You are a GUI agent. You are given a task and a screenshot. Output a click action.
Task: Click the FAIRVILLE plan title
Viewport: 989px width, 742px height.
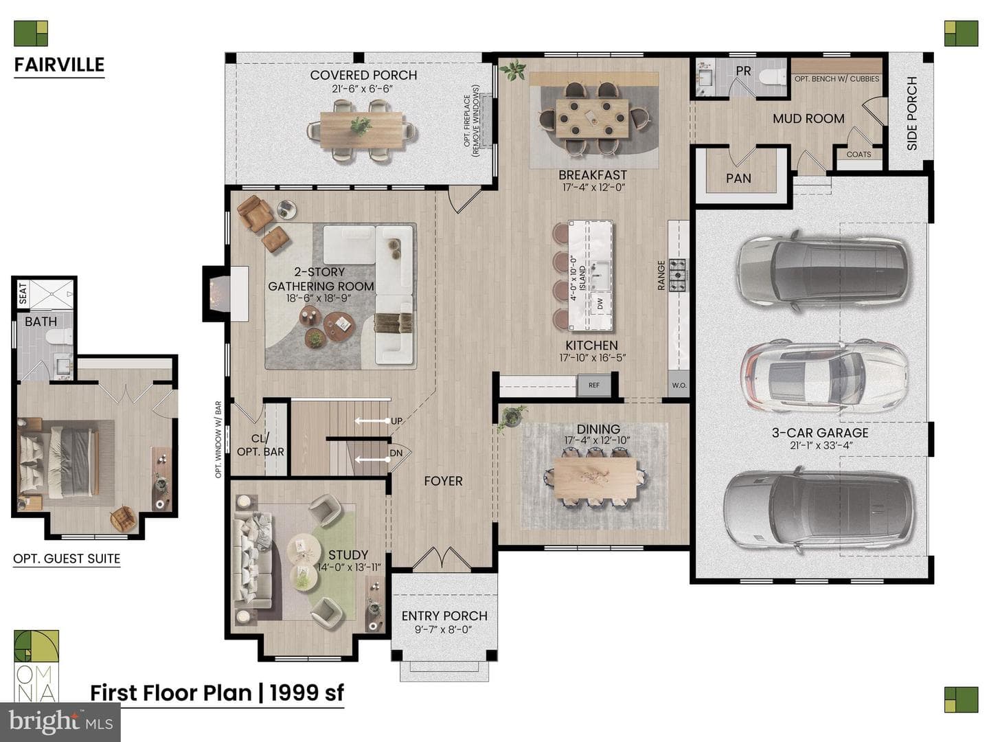point(59,65)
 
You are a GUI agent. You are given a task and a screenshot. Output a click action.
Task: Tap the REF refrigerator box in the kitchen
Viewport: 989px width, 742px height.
point(594,385)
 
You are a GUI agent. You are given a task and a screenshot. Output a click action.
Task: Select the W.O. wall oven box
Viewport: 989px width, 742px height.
point(679,385)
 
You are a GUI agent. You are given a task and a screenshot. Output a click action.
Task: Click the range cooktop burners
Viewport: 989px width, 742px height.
point(678,274)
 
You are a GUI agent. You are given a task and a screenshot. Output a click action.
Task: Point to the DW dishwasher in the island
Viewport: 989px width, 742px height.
point(600,305)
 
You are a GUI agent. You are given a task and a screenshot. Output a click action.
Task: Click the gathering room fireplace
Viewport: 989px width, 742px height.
point(218,293)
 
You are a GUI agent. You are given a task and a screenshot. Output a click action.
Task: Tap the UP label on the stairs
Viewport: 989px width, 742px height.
point(396,420)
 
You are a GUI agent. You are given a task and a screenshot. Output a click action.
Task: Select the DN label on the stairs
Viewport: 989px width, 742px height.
point(396,453)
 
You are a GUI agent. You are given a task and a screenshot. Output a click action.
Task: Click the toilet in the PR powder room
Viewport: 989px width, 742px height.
point(772,76)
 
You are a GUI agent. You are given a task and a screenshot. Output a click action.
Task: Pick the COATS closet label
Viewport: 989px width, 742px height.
point(859,155)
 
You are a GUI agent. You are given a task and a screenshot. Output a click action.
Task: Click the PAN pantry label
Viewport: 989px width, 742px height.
point(738,179)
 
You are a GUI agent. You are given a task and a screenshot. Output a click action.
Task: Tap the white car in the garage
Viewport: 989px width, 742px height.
point(823,376)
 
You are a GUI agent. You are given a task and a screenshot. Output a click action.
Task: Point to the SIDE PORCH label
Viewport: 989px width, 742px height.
point(911,113)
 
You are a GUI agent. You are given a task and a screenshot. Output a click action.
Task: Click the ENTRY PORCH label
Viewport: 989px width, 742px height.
point(444,616)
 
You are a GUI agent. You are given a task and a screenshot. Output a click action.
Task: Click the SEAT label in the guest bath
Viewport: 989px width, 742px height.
point(23,293)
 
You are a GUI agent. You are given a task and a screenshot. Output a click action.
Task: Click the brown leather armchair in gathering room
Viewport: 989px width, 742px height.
point(255,214)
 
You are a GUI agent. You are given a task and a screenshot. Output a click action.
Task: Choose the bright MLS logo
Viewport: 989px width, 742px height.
point(60,721)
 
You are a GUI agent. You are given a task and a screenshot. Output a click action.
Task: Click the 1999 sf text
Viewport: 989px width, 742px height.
point(307,693)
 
